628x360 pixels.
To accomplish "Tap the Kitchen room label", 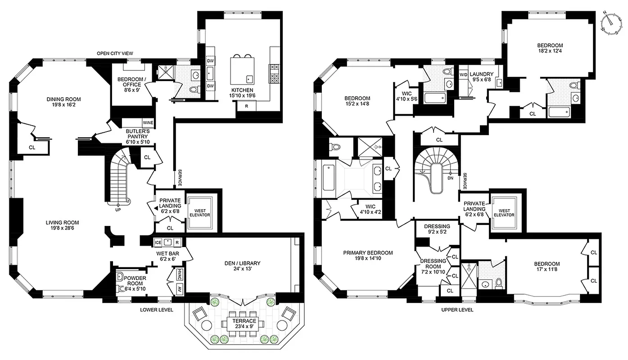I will (243, 90).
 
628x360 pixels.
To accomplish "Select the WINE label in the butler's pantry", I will (148, 122).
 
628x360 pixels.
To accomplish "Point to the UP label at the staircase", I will (118, 210).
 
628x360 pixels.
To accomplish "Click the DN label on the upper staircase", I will (450, 178).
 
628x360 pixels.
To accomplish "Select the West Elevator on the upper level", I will (505, 212).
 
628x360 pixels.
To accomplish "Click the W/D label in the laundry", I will (463, 74).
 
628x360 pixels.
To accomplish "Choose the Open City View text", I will (115, 54).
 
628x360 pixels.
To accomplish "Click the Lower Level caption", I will (156, 310).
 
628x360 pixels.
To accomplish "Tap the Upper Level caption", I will (457, 310).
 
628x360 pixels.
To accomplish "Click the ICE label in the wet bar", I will (158, 243).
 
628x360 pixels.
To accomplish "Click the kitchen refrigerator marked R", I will (247, 106).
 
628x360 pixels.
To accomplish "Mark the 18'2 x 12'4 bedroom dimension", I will (550, 52).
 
